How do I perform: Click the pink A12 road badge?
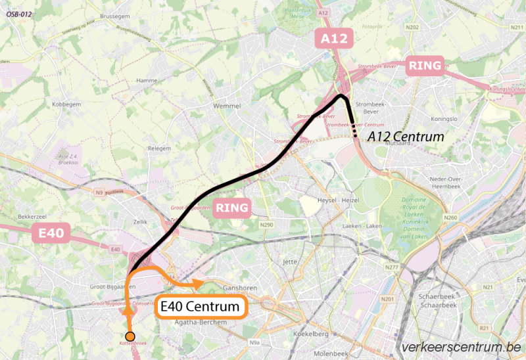coord(334,39)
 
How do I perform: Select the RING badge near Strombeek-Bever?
coord(425,65)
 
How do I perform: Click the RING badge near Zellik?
coord(233,209)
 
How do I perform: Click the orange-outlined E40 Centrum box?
coord(201,307)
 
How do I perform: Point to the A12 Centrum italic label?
coord(406,137)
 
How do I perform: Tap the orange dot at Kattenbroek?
coord(130,337)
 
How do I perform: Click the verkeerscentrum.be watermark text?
coord(460,347)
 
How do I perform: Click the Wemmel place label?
coord(228,105)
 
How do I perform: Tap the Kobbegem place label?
coord(66,105)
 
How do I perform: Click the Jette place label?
coord(289,261)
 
